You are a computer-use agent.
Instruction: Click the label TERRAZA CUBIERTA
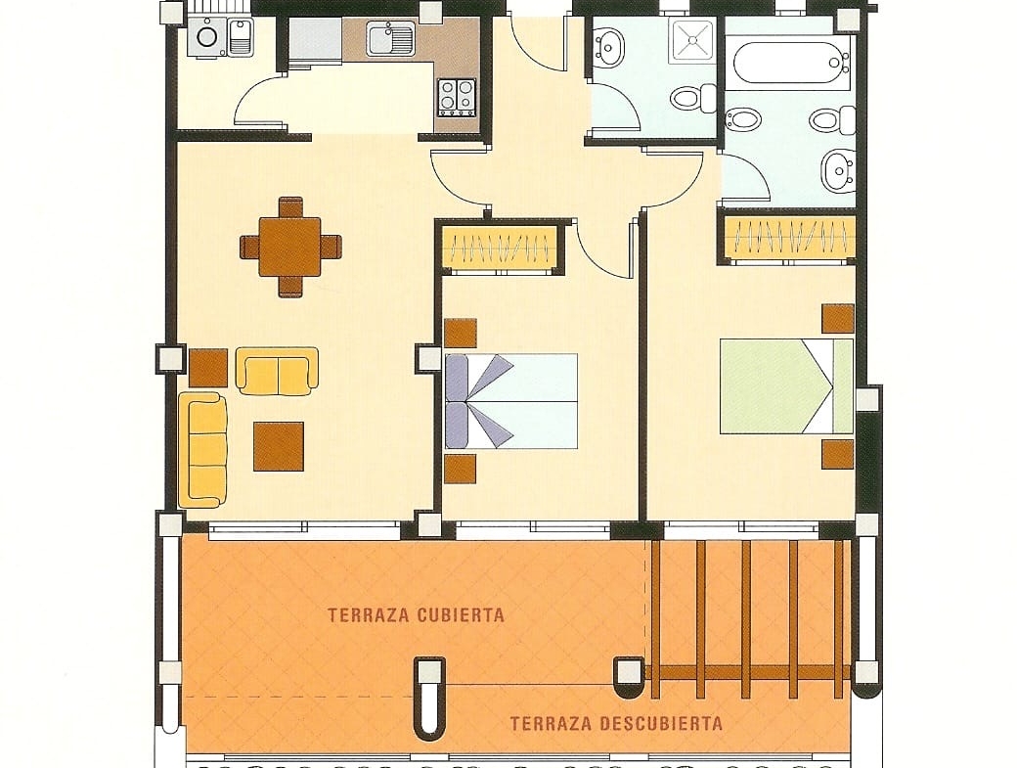click(x=416, y=615)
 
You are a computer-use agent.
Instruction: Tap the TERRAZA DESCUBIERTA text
click(x=616, y=723)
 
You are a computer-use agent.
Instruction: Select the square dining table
click(x=289, y=247)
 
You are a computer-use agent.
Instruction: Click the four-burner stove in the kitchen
click(x=457, y=97)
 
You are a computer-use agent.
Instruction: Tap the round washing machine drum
click(x=207, y=36)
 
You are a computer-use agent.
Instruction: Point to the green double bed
click(x=786, y=385)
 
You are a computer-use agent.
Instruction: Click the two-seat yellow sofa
click(x=277, y=371)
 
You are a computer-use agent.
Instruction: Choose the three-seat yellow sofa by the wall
click(x=202, y=449)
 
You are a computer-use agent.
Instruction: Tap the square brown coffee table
click(x=279, y=446)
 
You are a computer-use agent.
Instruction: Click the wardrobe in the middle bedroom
click(x=499, y=248)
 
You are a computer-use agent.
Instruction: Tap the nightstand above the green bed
click(x=838, y=319)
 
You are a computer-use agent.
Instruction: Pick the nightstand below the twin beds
click(x=461, y=469)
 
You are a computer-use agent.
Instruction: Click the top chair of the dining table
click(x=290, y=207)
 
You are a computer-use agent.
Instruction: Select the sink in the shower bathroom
click(x=609, y=45)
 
